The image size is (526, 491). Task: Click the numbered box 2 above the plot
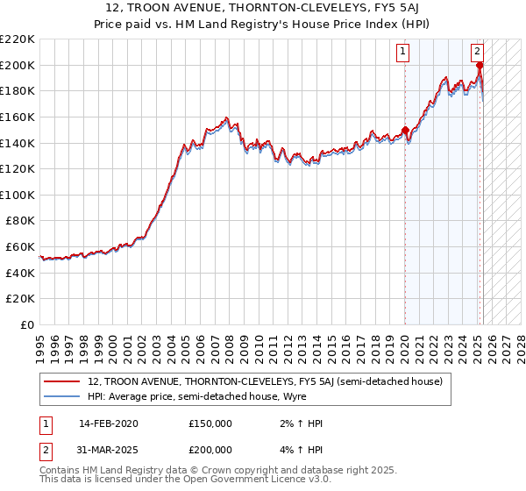click(x=478, y=52)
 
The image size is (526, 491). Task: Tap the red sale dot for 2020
click(x=405, y=131)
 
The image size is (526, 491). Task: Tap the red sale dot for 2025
click(x=480, y=65)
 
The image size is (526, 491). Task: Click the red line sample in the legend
click(x=63, y=381)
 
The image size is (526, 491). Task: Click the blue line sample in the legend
click(x=63, y=397)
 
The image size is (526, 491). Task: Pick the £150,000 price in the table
click(x=210, y=423)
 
